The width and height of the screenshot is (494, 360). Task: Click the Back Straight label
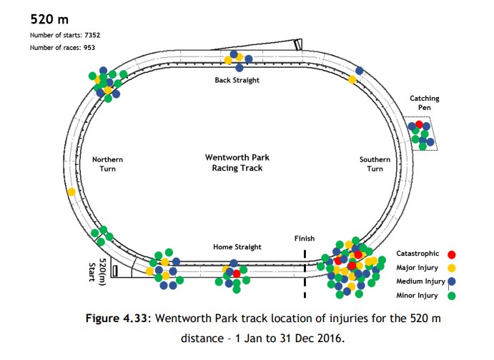coord(237,80)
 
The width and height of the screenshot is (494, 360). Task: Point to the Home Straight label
coord(237,247)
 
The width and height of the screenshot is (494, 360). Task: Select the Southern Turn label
coord(375,164)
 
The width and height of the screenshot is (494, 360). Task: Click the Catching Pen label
coord(424,103)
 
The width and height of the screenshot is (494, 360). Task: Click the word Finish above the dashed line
coord(305,239)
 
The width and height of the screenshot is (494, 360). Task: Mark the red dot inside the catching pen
coord(420,124)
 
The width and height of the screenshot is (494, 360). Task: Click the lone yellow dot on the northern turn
coord(71,191)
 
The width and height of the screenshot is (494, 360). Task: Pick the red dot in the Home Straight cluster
coord(236,274)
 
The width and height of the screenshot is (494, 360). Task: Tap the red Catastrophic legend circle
coord(451,254)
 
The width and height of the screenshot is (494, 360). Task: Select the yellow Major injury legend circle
coord(451,268)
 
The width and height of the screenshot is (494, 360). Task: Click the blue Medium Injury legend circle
coord(451,281)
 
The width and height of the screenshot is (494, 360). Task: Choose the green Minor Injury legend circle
coord(451,295)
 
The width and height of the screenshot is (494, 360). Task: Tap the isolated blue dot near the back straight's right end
coord(359,70)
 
